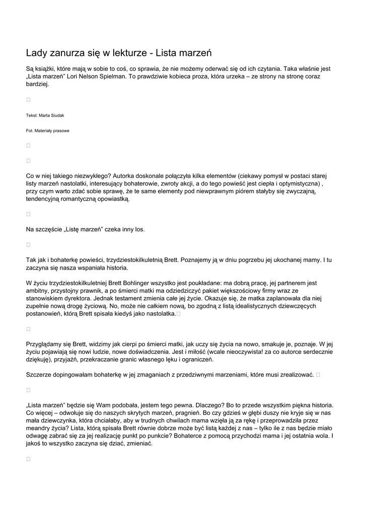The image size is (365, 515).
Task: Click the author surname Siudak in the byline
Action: click(x=55, y=115)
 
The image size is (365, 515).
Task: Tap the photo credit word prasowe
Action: click(x=60, y=131)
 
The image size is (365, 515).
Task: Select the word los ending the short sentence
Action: click(x=139, y=229)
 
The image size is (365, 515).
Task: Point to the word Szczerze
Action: click(x=38, y=375)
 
